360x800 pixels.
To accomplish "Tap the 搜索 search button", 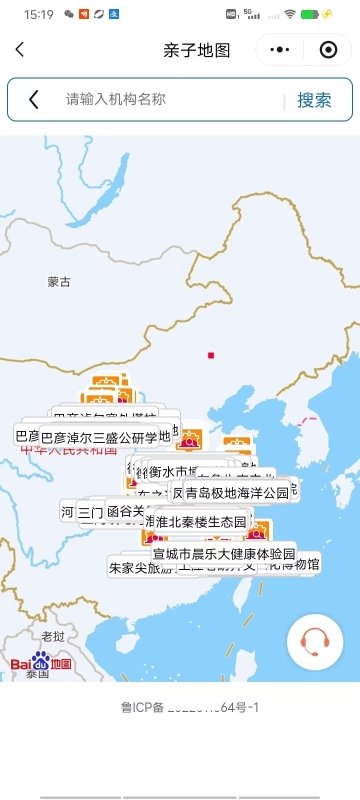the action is pos(314,100).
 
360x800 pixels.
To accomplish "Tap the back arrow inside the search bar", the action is pos(34,100).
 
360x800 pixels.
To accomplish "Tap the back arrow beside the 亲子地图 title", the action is pos(20,50).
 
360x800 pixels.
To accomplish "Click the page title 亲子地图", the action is pos(196,50).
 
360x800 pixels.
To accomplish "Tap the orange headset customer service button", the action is pos(315,639).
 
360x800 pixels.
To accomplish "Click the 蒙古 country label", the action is pos(59,282).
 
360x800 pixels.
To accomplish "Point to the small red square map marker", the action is pos(211,355).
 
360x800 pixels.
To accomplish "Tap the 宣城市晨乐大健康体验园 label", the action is pos(224,554).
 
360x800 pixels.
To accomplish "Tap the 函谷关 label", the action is pos(126,512).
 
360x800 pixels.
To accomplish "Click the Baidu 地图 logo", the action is pos(42,663).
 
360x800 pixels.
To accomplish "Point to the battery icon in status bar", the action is pos(328,14).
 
